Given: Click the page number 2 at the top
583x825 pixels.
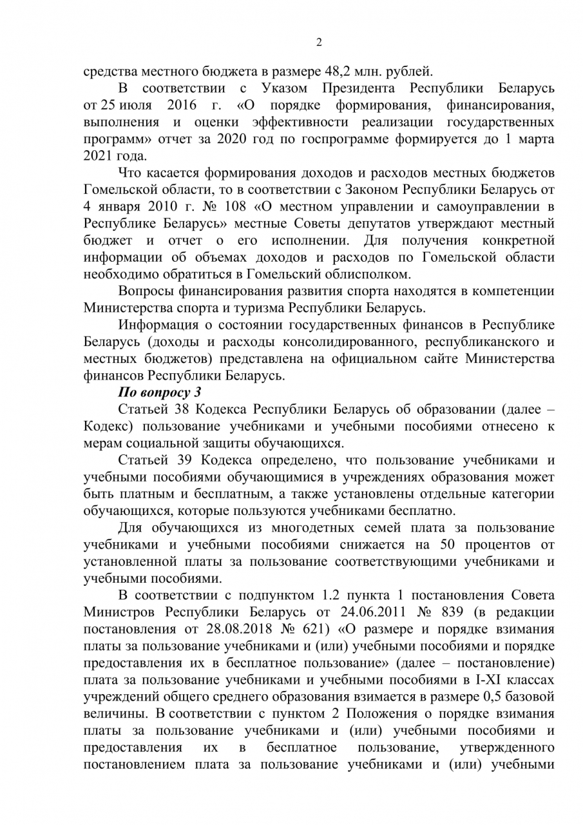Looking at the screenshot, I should (x=319, y=43).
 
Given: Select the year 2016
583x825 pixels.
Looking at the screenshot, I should (x=181, y=104).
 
